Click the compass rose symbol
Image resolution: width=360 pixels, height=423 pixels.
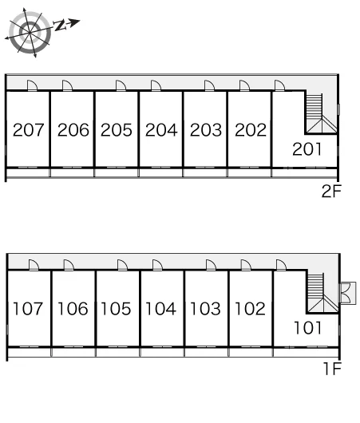point(30,33)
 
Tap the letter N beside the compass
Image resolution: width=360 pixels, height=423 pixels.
point(61,26)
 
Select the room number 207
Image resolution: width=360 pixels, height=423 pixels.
point(28,130)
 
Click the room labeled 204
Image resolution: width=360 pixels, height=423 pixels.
point(161,130)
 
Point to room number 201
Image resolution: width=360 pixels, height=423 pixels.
point(307,149)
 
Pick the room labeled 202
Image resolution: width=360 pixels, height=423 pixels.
point(251,130)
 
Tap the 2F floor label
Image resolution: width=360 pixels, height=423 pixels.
point(331,191)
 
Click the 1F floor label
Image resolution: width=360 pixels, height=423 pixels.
point(333,369)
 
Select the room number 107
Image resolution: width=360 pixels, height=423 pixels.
point(28,309)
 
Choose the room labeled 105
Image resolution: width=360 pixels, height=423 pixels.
point(116,309)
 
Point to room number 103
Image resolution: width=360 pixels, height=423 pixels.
point(205,309)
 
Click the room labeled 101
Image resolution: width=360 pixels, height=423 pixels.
point(307,328)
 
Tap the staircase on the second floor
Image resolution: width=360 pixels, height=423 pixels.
point(321,113)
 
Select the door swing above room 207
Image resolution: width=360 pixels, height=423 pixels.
point(33,85)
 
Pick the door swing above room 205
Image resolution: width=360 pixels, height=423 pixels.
point(121,85)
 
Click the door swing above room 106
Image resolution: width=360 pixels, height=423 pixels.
point(69,265)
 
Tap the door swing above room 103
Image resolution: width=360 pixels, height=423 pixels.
point(211,265)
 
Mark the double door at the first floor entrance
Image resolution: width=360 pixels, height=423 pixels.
point(348,293)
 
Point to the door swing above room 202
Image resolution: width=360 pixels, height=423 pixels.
point(244,85)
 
